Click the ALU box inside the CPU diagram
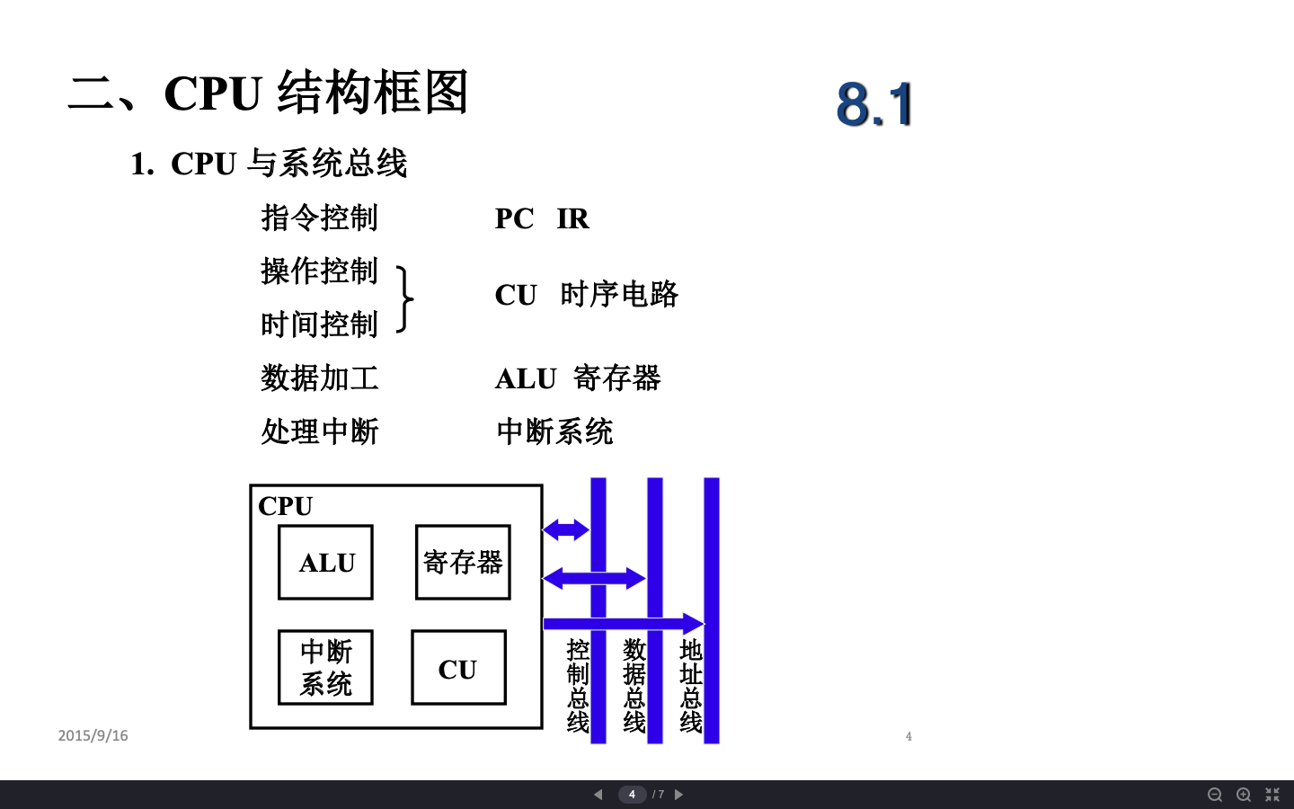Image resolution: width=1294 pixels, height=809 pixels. coord(325,563)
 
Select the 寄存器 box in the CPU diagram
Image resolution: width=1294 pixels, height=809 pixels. coord(463,563)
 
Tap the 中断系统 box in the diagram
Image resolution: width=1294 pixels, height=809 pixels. coord(325,668)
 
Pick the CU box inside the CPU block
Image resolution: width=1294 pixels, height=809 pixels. coord(458,668)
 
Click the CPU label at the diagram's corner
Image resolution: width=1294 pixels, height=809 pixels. coord(285,506)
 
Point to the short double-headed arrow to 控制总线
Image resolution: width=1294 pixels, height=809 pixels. coord(566,529)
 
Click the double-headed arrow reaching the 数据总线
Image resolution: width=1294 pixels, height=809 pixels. coord(594,578)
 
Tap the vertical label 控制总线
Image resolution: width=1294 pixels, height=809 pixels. coord(578,686)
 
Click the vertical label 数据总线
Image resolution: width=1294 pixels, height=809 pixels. coord(634,686)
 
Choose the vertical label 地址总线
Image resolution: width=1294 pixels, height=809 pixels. coord(691,686)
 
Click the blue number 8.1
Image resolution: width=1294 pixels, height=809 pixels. coord(874,103)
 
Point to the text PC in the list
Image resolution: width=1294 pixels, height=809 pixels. coord(514,218)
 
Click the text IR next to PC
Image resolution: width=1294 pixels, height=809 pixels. coord(572,218)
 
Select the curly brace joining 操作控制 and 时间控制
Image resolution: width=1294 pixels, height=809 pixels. coord(405,299)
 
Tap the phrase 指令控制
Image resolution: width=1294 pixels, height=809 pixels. coord(320,218)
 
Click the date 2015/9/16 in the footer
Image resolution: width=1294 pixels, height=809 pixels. coord(93,735)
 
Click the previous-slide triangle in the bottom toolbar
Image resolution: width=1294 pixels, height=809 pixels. coord(598,795)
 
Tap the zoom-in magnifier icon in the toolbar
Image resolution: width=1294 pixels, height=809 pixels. coord(1244,795)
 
